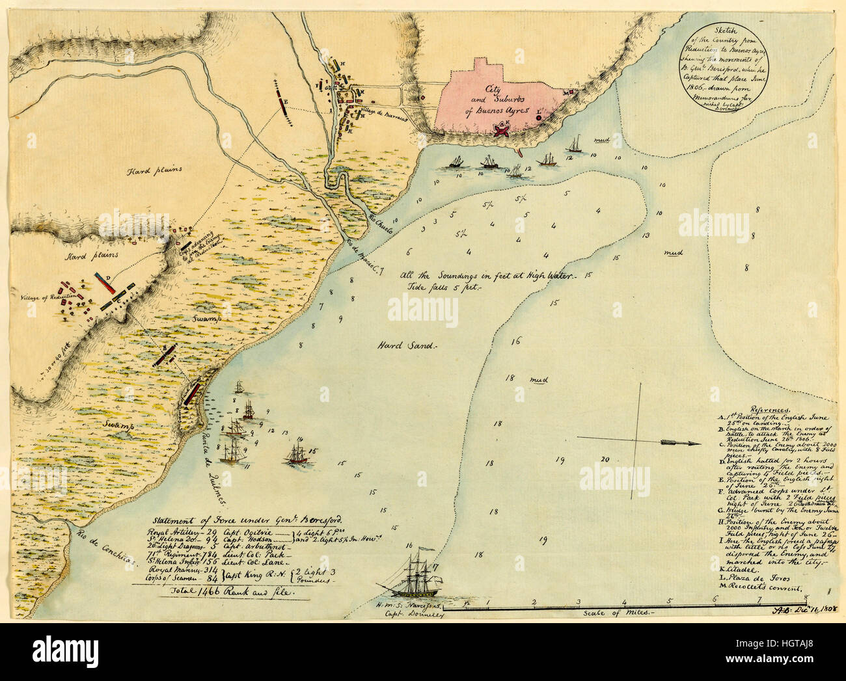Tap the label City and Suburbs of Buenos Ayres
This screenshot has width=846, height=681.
(499, 100)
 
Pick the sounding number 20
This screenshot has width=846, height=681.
(605, 459)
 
